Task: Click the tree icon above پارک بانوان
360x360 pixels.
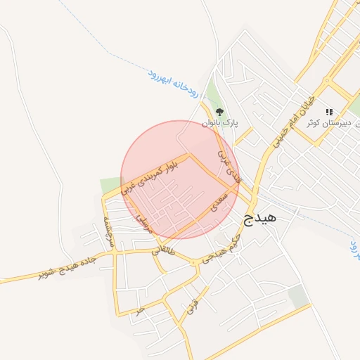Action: tap(220, 111)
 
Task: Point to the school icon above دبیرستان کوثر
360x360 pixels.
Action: tap(328, 112)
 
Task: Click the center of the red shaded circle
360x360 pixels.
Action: tap(181, 179)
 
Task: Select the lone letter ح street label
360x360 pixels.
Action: tap(141, 309)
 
